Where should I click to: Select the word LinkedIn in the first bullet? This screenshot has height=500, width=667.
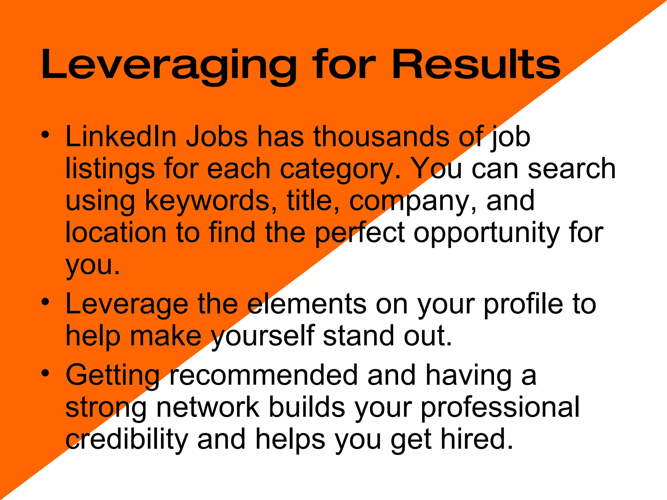click(121, 137)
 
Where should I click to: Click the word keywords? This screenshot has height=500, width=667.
click(207, 201)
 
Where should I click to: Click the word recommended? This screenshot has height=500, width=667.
click(264, 375)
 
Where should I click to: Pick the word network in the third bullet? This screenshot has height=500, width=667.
click(208, 407)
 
